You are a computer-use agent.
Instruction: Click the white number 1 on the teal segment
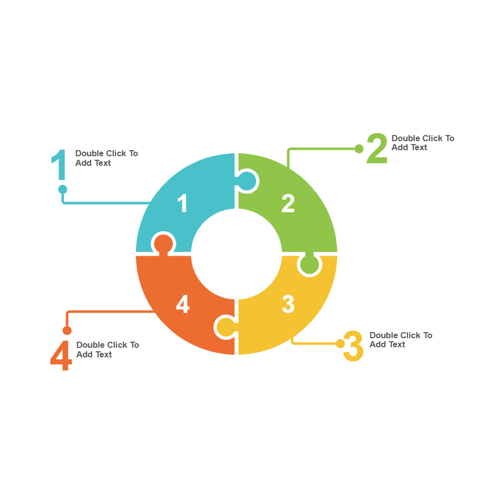point(182,204)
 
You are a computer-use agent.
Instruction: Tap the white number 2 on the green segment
point(288,204)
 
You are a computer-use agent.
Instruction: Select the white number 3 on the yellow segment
point(288,304)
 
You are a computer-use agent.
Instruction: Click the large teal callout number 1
point(59,165)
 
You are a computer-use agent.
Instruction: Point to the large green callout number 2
point(377,149)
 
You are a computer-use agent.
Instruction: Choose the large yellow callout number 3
point(353,346)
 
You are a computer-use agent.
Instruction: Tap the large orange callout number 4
point(61,356)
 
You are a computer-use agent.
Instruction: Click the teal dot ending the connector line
point(62,189)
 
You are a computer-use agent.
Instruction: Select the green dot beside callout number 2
point(359,149)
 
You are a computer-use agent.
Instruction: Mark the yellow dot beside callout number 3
point(340,343)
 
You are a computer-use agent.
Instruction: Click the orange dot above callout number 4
point(67,331)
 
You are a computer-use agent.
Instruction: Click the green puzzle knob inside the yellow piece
point(309,264)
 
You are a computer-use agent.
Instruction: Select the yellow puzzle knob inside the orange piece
point(225,327)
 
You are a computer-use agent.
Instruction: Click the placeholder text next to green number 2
point(422,143)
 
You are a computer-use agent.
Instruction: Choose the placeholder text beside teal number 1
point(106,158)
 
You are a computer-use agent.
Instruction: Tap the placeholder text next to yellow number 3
point(401,340)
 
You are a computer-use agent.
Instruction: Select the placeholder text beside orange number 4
point(107,349)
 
